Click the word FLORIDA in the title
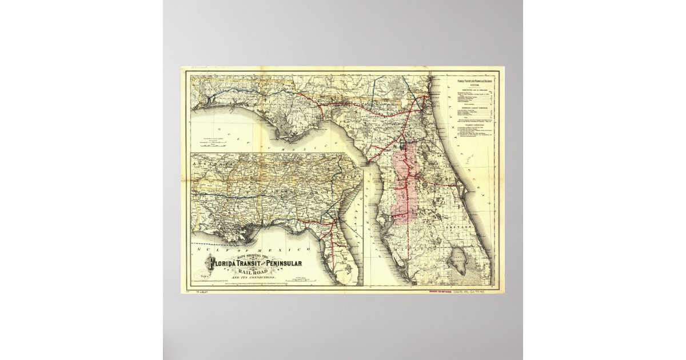click(226, 263)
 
